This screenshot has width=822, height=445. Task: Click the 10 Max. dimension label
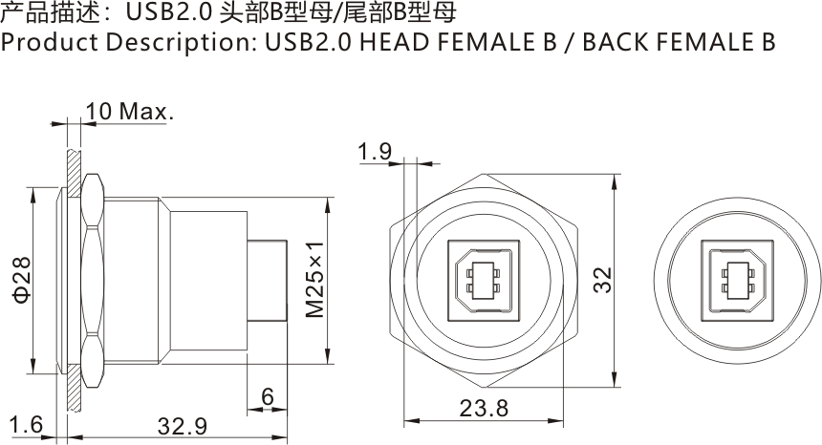(129, 112)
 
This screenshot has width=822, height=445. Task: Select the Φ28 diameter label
(22, 280)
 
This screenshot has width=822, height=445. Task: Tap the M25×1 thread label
(315, 280)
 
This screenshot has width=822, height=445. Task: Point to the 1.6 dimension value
(26, 425)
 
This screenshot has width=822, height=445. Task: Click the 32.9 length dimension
(182, 427)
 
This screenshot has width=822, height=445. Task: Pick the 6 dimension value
(268, 397)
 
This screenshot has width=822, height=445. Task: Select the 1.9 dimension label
(375, 152)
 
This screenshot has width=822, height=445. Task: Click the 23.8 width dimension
(484, 409)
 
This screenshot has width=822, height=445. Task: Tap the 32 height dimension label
(603, 280)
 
